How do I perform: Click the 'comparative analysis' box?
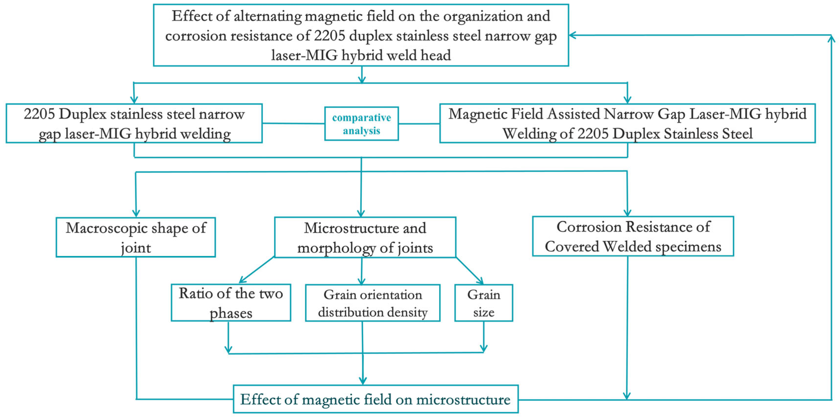tap(361, 124)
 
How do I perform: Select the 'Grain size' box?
tap(484, 303)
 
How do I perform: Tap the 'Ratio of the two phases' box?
tap(231, 303)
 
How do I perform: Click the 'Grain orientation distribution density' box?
tap(373, 303)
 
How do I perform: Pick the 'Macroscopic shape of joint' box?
tap(136, 237)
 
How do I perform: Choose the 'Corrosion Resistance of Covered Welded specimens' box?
tap(633, 236)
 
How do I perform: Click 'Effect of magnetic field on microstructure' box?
tap(376, 399)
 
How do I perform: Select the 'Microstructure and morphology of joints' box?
tap(365, 237)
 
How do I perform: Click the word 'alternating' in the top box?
tap(267, 16)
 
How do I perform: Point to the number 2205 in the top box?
tap(329, 36)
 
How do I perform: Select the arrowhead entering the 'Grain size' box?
tap(480, 281)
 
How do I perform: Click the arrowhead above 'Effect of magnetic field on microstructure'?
tap(363, 381)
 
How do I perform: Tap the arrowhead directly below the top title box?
tap(362, 79)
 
